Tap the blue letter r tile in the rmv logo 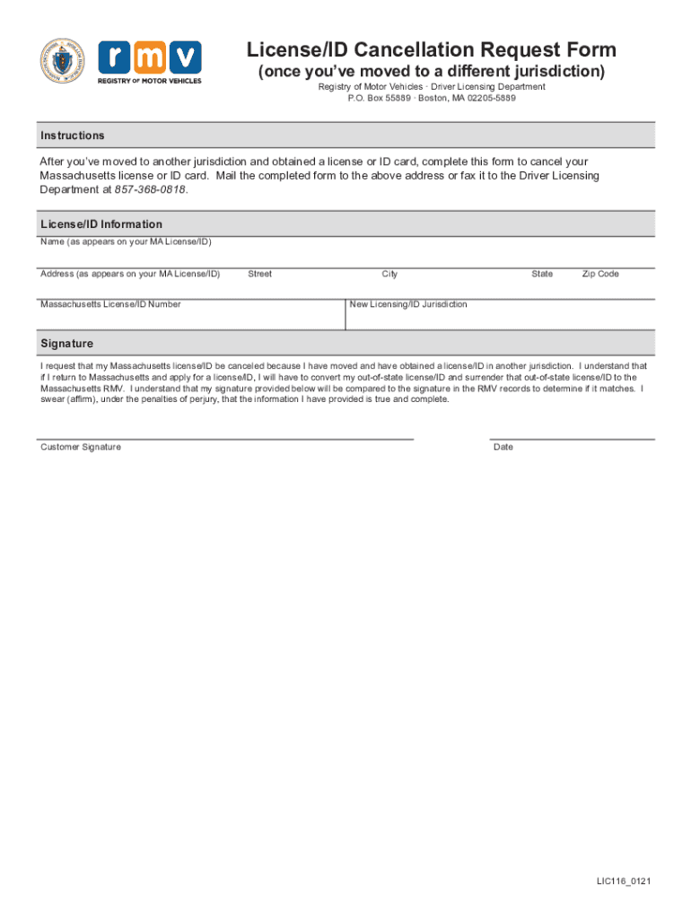click(x=114, y=57)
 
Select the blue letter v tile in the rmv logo click(x=186, y=57)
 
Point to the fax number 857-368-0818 click(x=151, y=190)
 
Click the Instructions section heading click(x=73, y=136)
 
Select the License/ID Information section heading click(x=101, y=224)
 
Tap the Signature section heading click(x=66, y=344)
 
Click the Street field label click(x=259, y=274)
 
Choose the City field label click(x=389, y=274)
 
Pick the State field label click(x=542, y=274)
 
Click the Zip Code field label click(x=600, y=274)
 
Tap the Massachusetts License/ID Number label click(x=110, y=304)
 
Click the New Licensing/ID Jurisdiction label click(x=408, y=304)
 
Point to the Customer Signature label click(x=81, y=447)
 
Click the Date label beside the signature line click(x=503, y=447)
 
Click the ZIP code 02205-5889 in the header click(x=492, y=98)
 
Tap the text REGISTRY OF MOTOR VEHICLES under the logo click(x=150, y=81)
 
